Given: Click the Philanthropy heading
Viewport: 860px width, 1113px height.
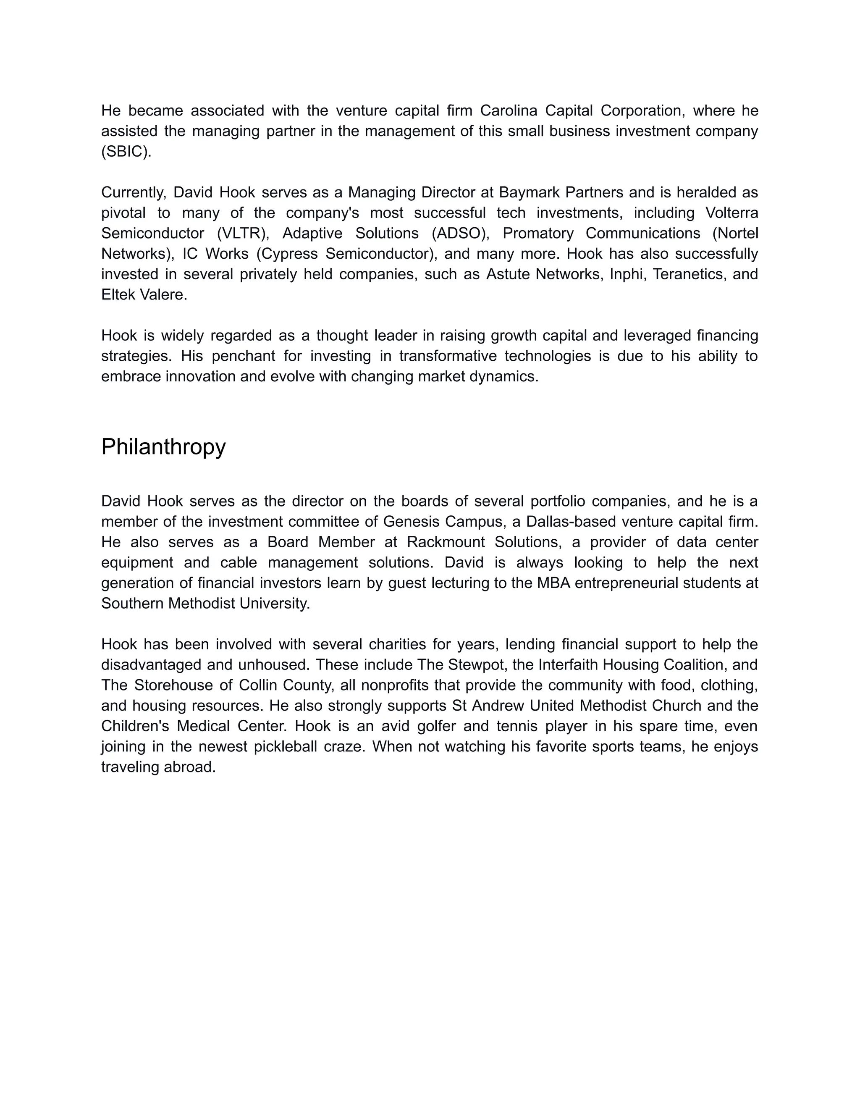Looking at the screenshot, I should point(163,447).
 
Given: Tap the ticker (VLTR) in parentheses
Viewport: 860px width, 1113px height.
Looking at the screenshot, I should point(243,233).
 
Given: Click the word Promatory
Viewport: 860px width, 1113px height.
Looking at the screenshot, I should point(538,233).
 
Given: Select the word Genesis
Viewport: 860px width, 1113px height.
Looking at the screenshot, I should point(406,521).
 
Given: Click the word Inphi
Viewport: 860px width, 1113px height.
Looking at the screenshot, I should point(626,274).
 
